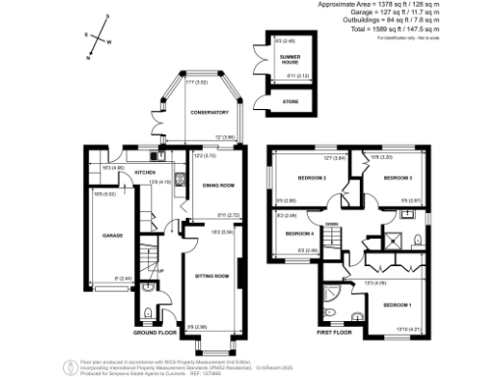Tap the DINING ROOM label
[218, 185]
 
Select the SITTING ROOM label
[211, 277]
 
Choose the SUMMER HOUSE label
[291, 60]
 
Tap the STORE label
[289, 99]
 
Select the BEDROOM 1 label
[397, 305]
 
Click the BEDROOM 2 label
[310, 177]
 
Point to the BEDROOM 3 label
[397, 178]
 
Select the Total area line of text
[419, 29]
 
